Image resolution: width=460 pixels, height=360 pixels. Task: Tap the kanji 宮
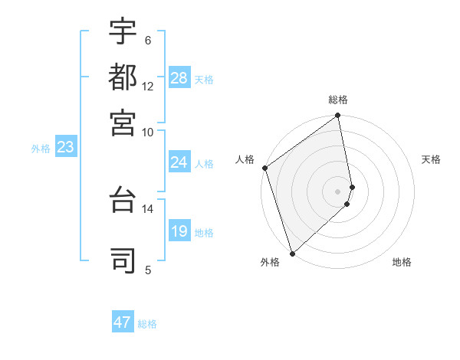click(x=123, y=122)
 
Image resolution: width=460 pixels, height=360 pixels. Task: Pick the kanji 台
click(x=123, y=201)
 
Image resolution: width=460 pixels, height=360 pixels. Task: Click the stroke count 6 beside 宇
click(x=147, y=41)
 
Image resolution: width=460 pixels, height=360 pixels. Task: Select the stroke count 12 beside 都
click(x=147, y=86)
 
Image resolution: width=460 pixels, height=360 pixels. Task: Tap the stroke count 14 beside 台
click(x=147, y=208)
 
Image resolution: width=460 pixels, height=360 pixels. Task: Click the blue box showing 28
click(x=179, y=77)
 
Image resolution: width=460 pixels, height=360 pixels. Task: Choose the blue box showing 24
click(x=179, y=162)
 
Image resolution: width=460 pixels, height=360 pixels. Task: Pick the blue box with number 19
click(x=179, y=231)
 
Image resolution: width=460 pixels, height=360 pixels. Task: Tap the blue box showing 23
click(x=65, y=148)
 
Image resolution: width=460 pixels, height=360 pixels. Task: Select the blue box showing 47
click(x=123, y=322)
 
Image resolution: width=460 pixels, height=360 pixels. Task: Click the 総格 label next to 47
click(x=147, y=324)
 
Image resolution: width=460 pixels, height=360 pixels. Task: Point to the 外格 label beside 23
click(x=41, y=149)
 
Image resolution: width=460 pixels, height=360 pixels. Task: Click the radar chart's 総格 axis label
click(x=338, y=100)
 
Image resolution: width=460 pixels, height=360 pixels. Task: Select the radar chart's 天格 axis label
click(x=431, y=159)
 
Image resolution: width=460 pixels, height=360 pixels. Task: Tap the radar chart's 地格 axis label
click(x=402, y=262)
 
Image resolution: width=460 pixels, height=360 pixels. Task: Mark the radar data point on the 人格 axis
click(x=264, y=168)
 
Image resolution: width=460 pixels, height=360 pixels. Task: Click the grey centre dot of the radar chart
click(x=337, y=191)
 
